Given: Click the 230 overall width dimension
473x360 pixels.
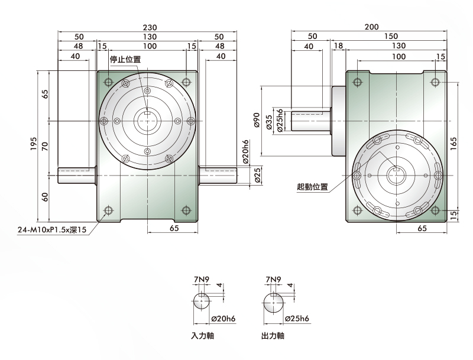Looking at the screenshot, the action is pos(150,27).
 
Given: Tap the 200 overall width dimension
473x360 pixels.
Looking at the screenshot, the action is pos(372,27).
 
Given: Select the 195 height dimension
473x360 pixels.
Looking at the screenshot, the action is pos(34,144).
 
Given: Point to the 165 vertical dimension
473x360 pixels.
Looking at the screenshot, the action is pos(453,144).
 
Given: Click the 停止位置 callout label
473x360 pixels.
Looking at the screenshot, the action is pos(125,59).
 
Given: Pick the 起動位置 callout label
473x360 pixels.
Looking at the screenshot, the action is pos(313,187).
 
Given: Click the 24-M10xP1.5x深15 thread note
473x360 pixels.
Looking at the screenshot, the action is pos(52,230).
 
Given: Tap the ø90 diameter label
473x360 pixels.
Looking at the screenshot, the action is pos(257,120).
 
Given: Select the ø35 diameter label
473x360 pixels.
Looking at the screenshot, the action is pos(270,122).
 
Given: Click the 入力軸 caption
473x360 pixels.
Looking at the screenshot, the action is pos(202,336).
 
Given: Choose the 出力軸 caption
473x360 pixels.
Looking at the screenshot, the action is pos(273,336).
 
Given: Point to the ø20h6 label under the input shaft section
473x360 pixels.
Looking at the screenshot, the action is pos(223,319).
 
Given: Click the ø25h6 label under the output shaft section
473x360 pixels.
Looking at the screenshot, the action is pos(297,319).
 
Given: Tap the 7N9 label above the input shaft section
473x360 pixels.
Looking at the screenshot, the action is pos(201,280).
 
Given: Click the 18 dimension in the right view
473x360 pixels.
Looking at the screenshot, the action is pos(338,46).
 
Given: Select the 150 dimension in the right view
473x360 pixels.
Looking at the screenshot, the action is pos(391,36).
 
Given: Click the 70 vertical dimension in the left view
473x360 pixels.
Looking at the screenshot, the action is pos(45,147).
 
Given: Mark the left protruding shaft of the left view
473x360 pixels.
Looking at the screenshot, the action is pos(77,176).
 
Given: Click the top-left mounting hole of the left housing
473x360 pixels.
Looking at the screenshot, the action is pos(108,82).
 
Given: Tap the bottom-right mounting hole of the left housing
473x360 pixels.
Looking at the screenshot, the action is pos(186,210).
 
